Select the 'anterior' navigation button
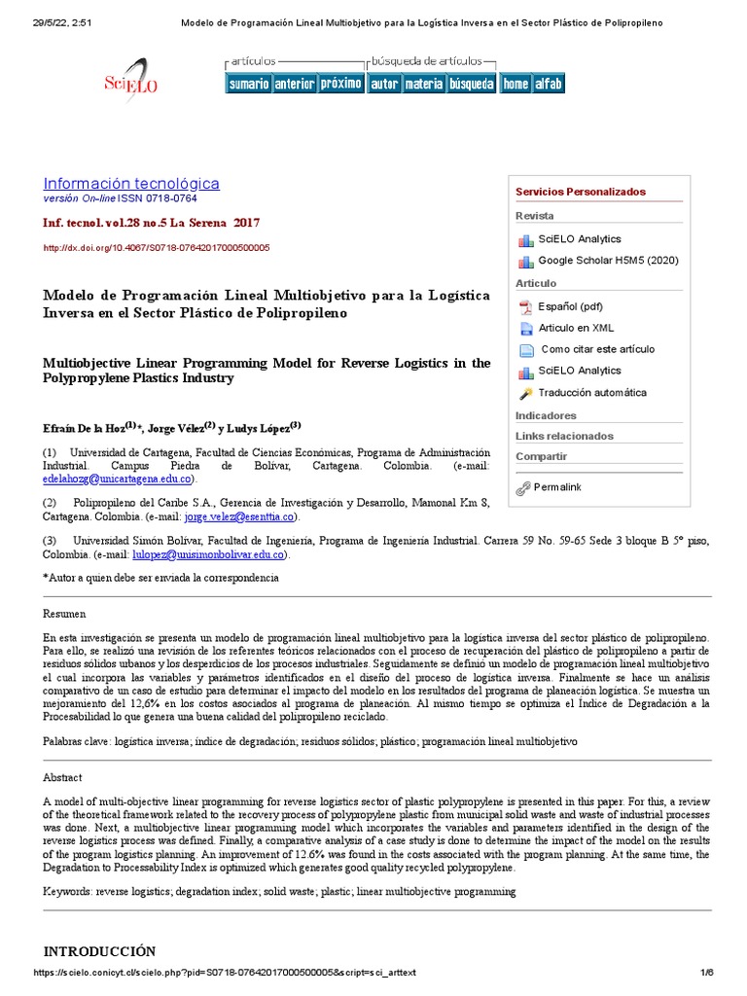[294, 84]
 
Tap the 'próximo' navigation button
[340, 84]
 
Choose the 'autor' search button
[384, 84]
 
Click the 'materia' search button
[423, 84]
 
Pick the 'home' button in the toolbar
[516, 84]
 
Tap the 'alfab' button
[549, 84]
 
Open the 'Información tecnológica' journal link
[131, 183]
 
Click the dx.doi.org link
[157, 248]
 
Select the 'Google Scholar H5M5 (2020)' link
[608, 261]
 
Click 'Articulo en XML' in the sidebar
[576, 328]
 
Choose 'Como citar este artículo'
[597, 349]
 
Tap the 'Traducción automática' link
[592, 393]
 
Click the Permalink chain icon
[524, 487]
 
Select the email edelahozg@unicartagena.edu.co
[118, 480]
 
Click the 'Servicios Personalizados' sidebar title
[580, 192]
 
